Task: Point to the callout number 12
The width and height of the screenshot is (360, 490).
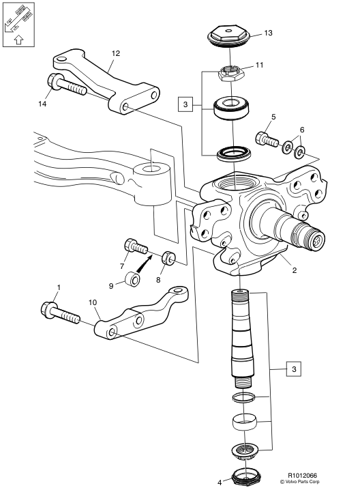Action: (115, 52)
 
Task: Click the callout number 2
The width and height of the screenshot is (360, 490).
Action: (294, 270)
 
